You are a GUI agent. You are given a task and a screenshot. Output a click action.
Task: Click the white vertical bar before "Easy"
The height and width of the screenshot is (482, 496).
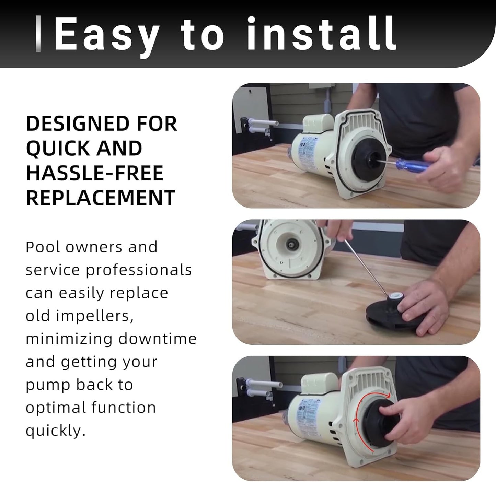(x=38, y=34)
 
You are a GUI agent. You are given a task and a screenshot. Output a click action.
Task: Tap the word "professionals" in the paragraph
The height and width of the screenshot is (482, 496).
(x=139, y=270)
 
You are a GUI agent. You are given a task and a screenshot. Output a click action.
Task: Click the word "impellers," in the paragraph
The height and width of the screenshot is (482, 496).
(x=95, y=316)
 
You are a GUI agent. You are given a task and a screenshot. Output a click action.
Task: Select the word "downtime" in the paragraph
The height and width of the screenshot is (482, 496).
(x=158, y=339)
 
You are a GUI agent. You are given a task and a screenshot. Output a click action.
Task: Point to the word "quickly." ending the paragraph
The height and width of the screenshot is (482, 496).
(x=56, y=431)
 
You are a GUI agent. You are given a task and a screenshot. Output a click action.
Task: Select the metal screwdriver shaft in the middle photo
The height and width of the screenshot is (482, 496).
(x=367, y=267)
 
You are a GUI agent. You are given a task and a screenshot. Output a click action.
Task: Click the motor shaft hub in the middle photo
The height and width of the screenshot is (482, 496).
(x=291, y=245)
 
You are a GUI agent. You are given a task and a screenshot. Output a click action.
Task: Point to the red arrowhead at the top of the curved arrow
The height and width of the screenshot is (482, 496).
(x=388, y=395)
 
